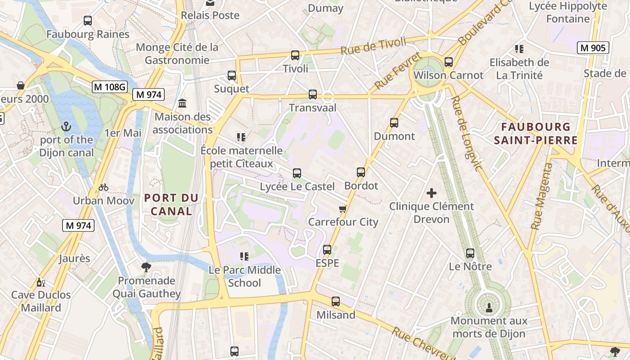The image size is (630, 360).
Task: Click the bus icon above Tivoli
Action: tap(295, 55)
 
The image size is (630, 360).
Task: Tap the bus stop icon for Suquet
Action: tap(232, 76)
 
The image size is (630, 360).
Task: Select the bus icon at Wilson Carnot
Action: tap(448, 62)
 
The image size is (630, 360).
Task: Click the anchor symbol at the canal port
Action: tap(67, 126)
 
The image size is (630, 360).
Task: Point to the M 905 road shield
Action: tap(593, 48)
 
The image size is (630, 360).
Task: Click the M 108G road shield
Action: tap(109, 87)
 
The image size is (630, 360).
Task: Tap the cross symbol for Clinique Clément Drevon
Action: tap(432, 193)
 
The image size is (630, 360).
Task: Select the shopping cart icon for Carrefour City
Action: tap(343, 209)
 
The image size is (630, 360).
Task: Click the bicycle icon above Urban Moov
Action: tap(103, 187)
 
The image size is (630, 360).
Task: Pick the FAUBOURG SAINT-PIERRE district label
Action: tap(535, 134)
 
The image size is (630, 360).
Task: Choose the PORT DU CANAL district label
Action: tap(171, 204)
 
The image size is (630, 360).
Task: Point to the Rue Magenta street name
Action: tap(541, 197)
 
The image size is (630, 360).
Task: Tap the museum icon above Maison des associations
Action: tap(182, 103)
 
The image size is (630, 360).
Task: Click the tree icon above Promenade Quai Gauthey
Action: tap(146, 267)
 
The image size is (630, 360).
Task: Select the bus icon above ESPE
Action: tap(327, 250)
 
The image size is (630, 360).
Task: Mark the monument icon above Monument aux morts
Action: tap(489, 308)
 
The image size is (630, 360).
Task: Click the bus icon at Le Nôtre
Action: tap(470, 253)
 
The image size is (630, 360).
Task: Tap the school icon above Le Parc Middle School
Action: tap(244, 256)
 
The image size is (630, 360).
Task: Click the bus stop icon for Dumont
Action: tap(394, 123)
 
